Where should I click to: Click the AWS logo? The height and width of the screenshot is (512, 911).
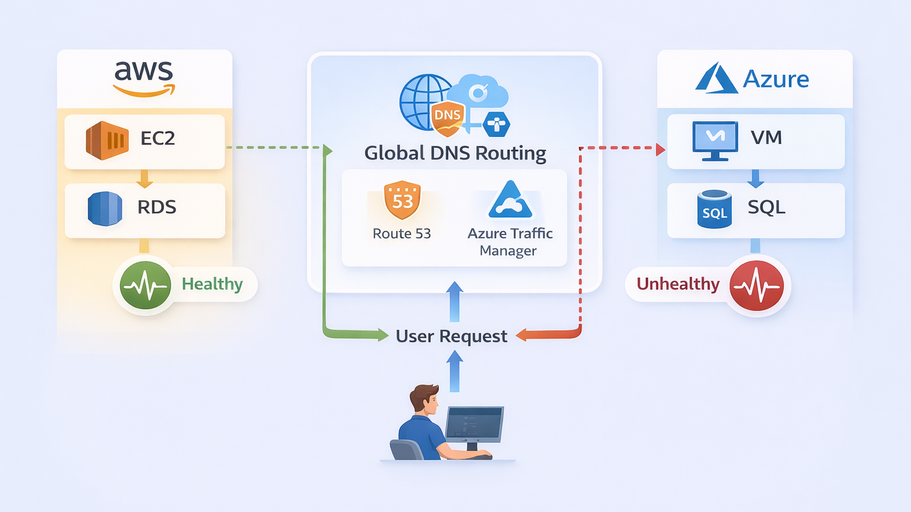click(x=144, y=78)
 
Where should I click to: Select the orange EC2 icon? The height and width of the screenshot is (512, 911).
click(x=107, y=140)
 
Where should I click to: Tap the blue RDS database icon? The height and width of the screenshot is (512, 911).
click(x=105, y=208)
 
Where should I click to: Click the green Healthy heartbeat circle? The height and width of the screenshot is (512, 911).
click(x=145, y=285)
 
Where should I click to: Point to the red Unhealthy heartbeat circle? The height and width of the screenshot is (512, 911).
click(x=756, y=286)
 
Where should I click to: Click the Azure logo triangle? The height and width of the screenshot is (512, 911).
click(x=716, y=78)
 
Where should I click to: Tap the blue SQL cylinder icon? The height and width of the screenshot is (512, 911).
click(x=714, y=209)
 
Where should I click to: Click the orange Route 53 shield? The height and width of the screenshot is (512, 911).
click(x=402, y=200)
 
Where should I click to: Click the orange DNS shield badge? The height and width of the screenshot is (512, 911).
click(x=448, y=117)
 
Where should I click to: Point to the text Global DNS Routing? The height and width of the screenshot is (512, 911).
click(x=455, y=153)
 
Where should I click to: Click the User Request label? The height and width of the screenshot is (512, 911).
click(x=451, y=337)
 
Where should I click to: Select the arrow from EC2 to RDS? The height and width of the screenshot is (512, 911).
click(x=144, y=178)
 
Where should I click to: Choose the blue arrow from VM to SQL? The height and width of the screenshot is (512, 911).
click(x=755, y=178)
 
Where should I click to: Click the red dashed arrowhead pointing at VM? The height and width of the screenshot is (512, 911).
click(x=660, y=149)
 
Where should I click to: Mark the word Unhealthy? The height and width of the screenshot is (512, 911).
click(x=678, y=284)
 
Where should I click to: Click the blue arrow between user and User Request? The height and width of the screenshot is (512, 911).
click(x=454, y=371)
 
